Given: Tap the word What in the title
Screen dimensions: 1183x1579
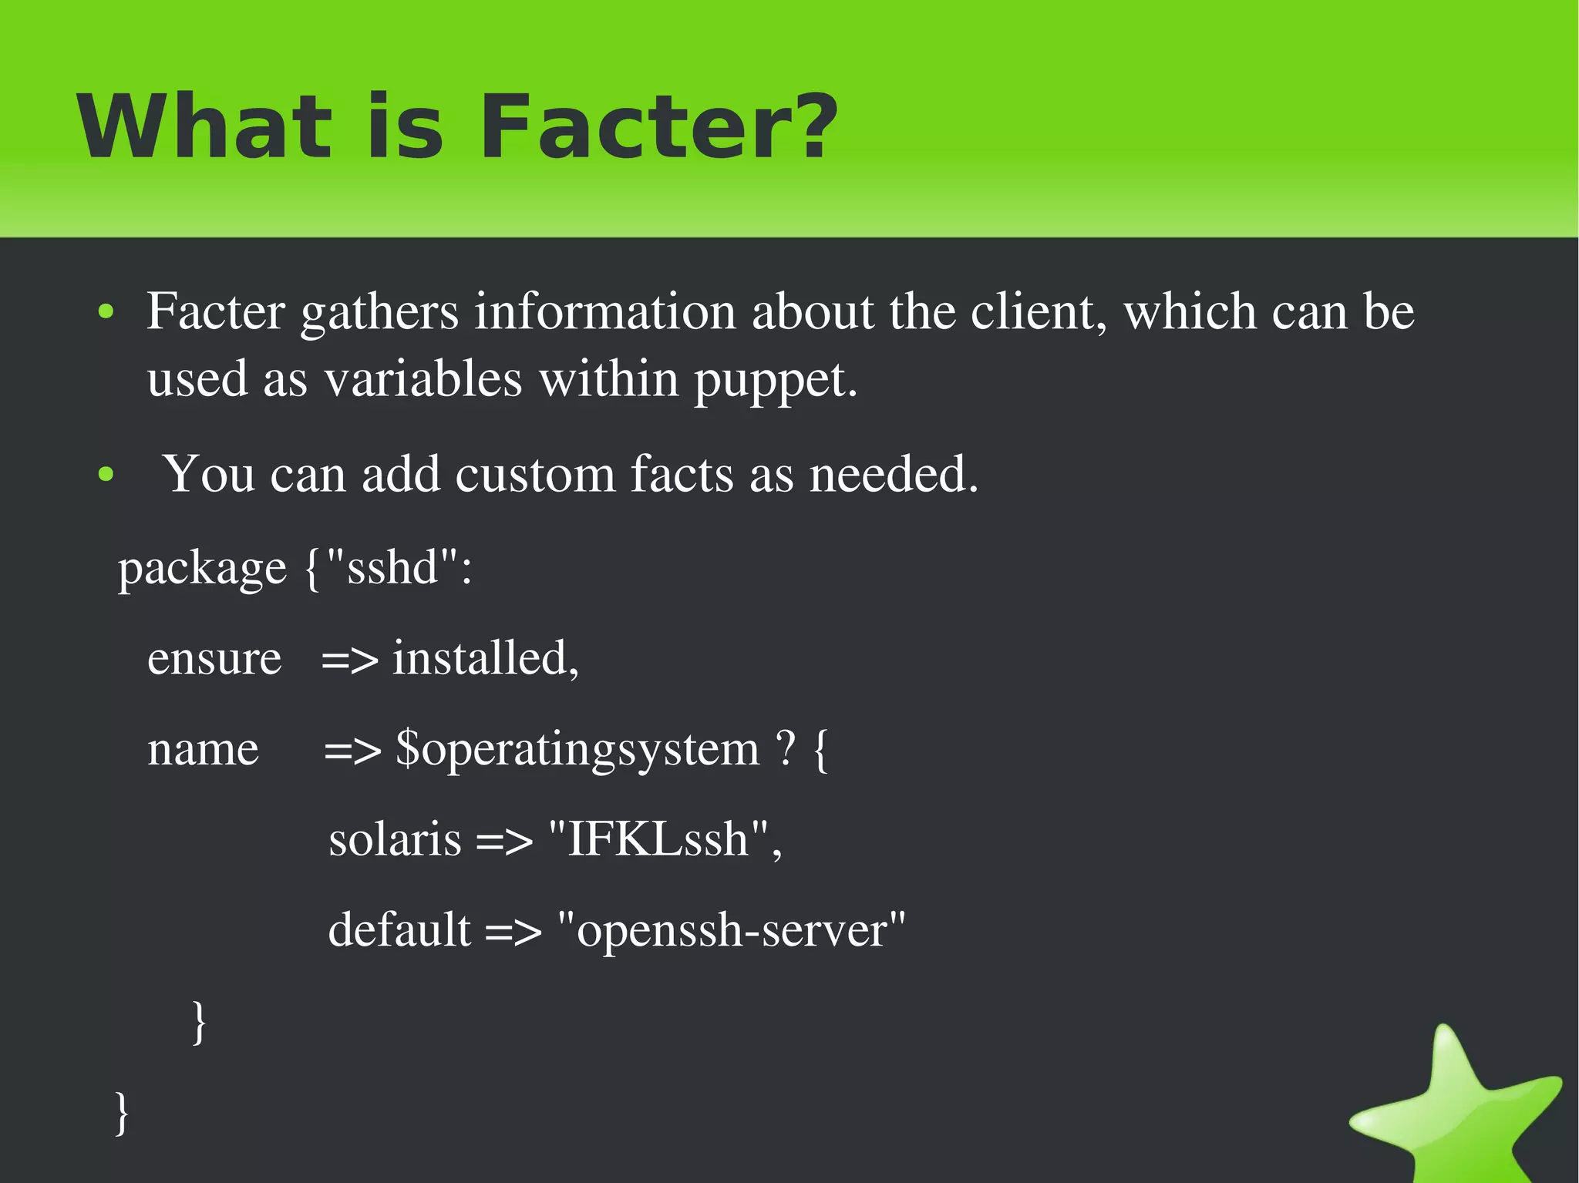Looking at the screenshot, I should click(x=204, y=127).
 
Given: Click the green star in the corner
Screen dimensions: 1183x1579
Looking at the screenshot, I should click(x=1457, y=1110).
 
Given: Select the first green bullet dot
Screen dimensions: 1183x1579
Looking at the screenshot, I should click(x=106, y=312).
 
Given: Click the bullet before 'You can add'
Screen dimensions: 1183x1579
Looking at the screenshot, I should click(x=106, y=475).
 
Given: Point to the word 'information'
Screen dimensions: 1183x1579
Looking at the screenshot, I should click(x=604, y=312).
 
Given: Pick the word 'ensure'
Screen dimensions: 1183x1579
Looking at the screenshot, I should click(x=214, y=659).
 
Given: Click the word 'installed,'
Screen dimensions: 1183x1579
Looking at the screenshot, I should click(x=486, y=659).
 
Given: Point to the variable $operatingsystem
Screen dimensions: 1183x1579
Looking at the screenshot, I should click(x=577, y=749).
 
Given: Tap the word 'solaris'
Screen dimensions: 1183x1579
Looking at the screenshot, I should click(x=395, y=839).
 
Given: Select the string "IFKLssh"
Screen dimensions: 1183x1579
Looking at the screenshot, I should click(x=658, y=839).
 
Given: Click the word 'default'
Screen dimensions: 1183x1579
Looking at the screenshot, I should click(x=399, y=929).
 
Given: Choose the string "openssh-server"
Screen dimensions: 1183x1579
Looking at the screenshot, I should click(x=731, y=931).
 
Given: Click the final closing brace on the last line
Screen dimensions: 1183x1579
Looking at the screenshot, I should click(x=122, y=1111).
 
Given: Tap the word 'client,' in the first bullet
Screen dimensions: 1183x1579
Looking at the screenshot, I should click(x=1039, y=312).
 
